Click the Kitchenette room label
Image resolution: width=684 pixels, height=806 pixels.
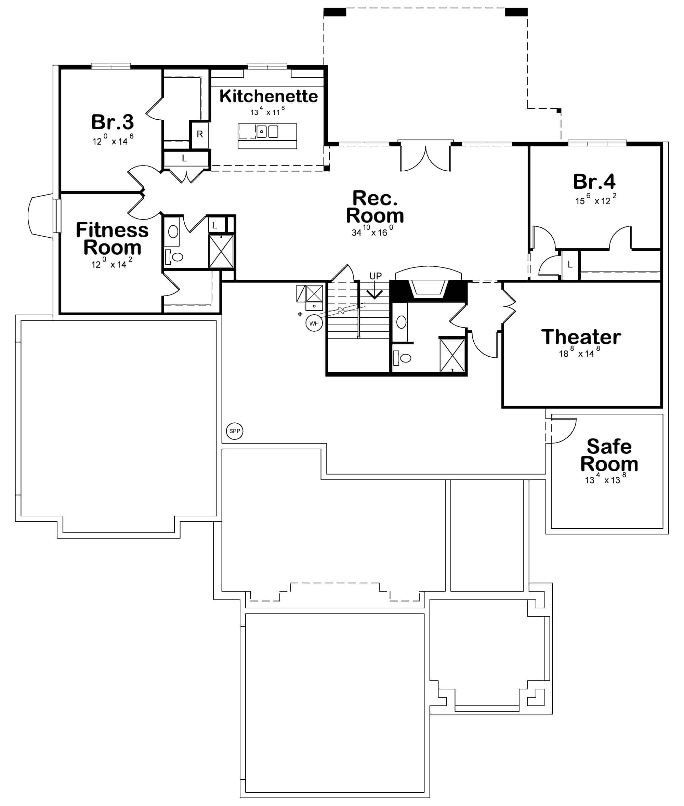[x=268, y=96]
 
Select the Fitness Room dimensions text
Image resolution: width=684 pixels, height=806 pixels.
[x=112, y=264]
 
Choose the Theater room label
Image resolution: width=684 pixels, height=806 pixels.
[x=581, y=336]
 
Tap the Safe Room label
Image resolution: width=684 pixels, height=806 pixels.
[x=609, y=455]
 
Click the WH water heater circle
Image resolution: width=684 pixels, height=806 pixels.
[x=314, y=323]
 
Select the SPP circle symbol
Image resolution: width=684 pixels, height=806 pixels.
[x=235, y=431]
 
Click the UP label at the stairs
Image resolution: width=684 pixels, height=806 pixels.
[x=376, y=276]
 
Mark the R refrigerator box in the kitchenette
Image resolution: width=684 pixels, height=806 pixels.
[x=200, y=134]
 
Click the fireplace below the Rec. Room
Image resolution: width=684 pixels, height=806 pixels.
[x=429, y=289]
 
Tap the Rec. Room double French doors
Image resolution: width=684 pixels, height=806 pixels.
[x=426, y=157]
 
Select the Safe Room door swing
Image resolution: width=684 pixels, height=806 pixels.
[x=562, y=430]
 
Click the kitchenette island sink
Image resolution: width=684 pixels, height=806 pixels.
[x=262, y=132]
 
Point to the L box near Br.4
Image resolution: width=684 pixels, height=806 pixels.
[x=570, y=265]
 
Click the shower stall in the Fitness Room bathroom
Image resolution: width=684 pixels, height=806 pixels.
[x=221, y=251]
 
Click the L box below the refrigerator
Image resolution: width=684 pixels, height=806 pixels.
[x=185, y=159]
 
